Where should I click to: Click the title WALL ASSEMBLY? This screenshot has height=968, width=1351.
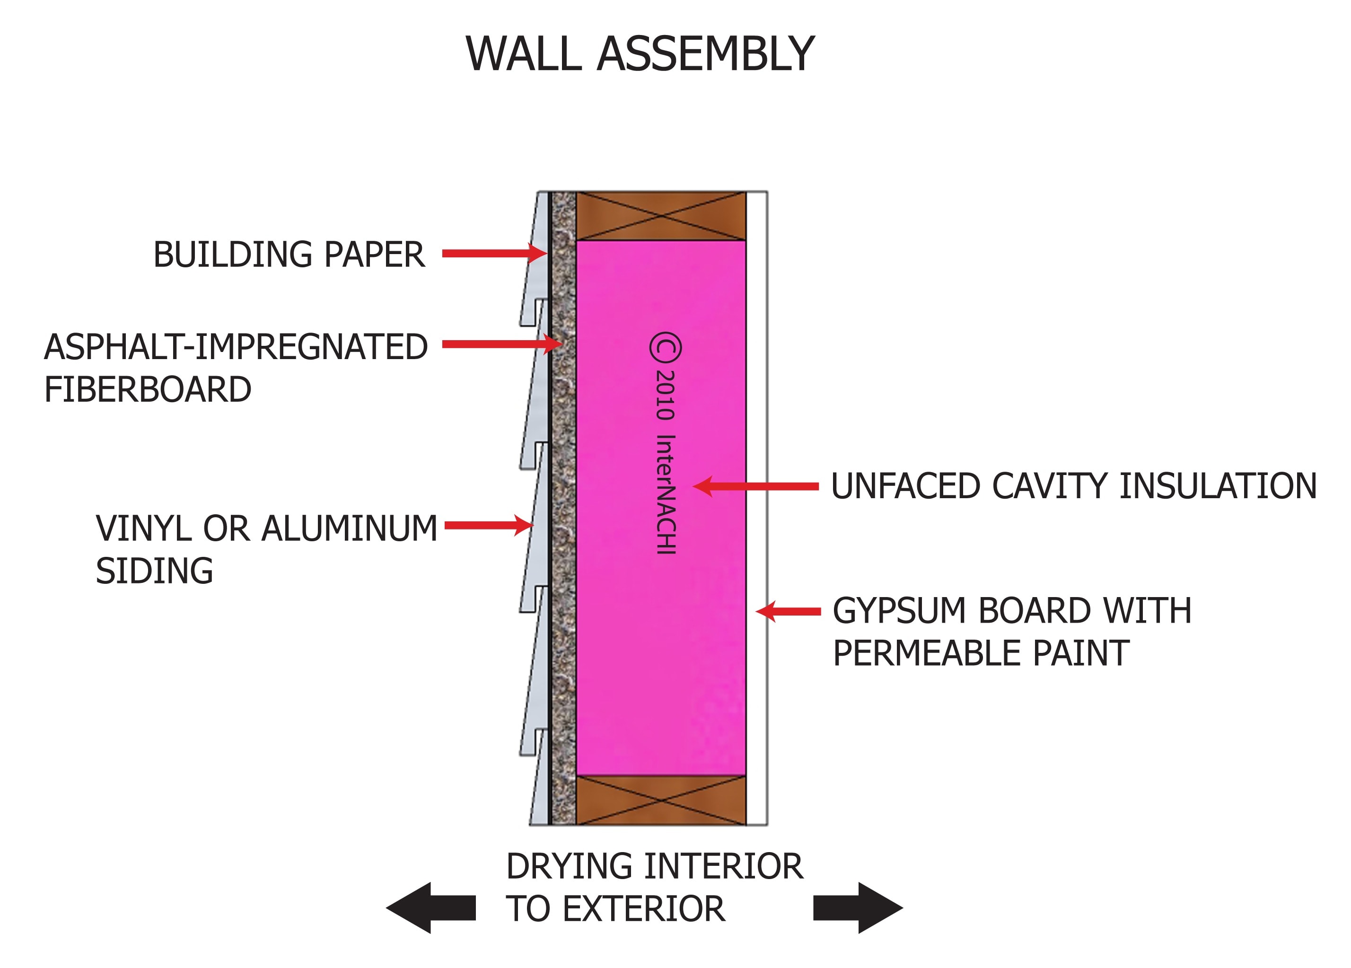click(639, 54)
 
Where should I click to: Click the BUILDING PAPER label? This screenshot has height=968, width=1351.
click(289, 255)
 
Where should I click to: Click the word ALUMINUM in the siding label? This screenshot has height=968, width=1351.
click(350, 528)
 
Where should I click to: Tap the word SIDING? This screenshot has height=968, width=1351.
click(154, 571)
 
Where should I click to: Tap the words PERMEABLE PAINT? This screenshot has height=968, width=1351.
click(981, 653)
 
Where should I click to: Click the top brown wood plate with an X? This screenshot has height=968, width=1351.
click(661, 216)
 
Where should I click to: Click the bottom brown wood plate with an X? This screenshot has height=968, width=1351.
click(661, 800)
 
